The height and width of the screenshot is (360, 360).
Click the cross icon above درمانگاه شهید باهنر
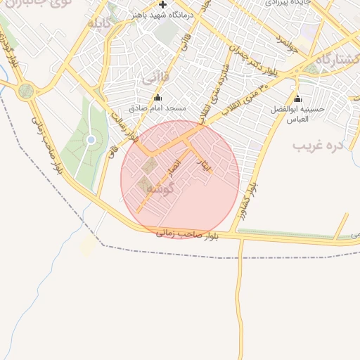pyautogui.click(x=163, y=4)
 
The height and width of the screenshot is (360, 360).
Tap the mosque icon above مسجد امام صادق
pyautogui.click(x=157, y=98)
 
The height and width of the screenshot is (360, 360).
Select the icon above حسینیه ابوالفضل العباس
pyautogui.click(x=297, y=98)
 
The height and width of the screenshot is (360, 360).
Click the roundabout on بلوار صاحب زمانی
pyautogui.click(x=27, y=90)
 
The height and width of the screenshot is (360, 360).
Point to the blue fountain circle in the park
pyautogui.click(x=91, y=140)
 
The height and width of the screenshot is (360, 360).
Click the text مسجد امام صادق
pyautogui.click(x=157, y=109)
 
